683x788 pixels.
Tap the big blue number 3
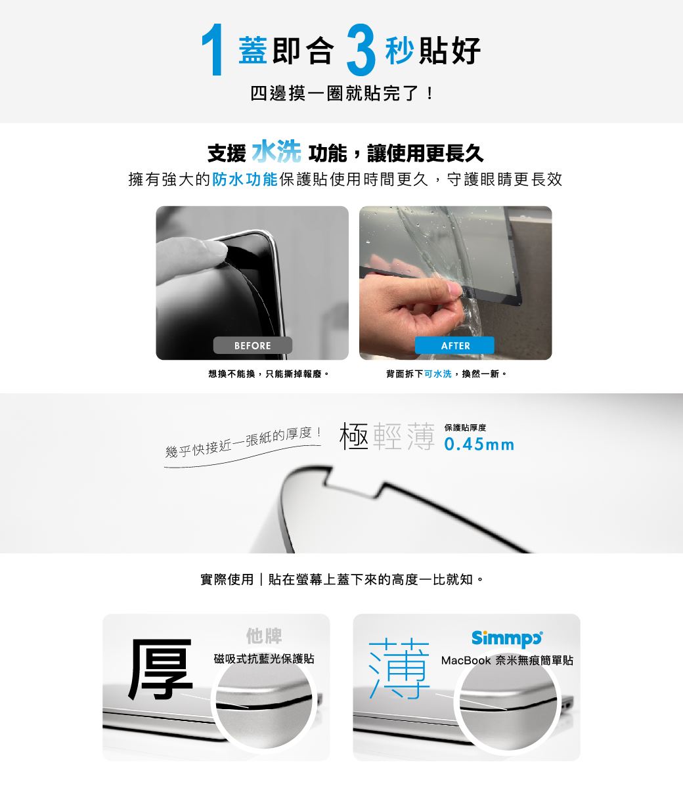click(x=361, y=49)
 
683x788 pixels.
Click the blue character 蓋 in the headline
click(x=253, y=51)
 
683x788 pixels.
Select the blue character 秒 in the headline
click(x=400, y=51)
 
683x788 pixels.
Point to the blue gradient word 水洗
click(x=276, y=152)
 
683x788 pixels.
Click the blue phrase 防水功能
click(x=245, y=179)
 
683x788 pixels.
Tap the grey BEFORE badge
click(x=252, y=345)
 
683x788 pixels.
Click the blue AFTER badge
click(x=454, y=345)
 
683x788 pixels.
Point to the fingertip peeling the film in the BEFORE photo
click(x=215, y=250)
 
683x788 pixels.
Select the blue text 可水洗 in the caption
click(x=438, y=374)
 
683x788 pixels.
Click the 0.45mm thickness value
click(x=479, y=444)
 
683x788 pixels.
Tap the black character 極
click(x=354, y=436)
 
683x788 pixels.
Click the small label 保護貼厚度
click(x=465, y=427)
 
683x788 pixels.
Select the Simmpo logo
click(x=507, y=638)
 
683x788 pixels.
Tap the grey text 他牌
click(x=264, y=636)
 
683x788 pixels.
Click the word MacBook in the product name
click(x=466, y=661)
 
